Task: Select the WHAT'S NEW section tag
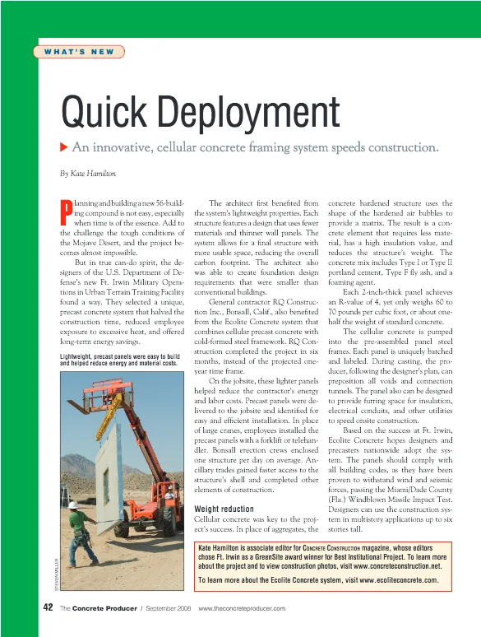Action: [x=80, y=52]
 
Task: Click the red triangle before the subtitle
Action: [x=64, y=148]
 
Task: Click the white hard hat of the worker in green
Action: [x=73, y=504]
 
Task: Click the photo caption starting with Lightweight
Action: [x=120, y=360]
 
